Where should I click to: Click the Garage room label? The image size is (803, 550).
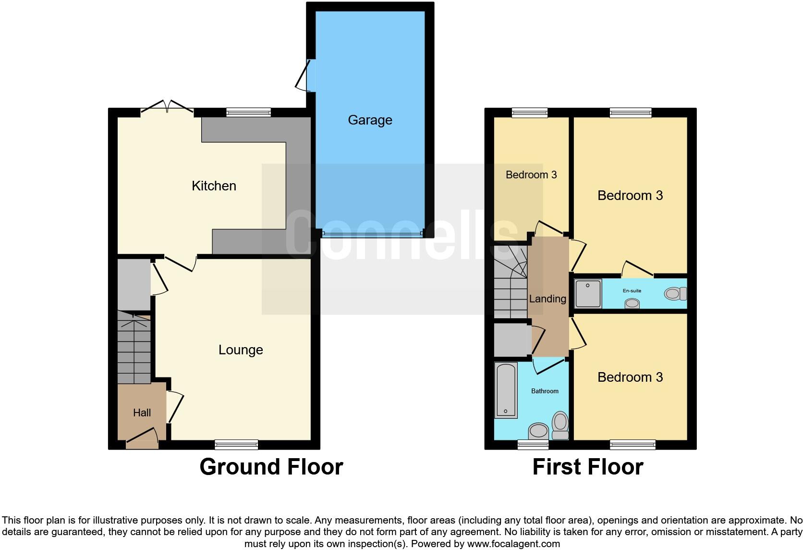370,120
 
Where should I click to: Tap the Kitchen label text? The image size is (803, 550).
214,186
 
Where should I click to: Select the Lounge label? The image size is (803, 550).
241,350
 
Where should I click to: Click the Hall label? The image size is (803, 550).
142,412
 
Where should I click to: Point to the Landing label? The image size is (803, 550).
547,299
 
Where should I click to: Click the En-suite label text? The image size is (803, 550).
632,291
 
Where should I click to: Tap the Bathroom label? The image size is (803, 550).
545,391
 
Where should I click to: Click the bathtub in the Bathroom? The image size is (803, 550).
506,390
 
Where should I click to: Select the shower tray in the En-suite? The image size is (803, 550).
588,293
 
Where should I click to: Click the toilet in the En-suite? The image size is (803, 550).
675,293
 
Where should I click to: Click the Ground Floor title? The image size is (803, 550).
271,467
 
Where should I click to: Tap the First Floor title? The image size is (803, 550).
587,467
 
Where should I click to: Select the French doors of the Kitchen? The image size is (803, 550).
167,109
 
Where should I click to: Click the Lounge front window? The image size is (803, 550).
236,445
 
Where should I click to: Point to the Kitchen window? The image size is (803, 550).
248,112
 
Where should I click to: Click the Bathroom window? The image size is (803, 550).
533,445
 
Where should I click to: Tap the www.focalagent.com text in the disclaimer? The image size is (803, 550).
513,544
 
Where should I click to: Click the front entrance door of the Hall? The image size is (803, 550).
142,439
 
